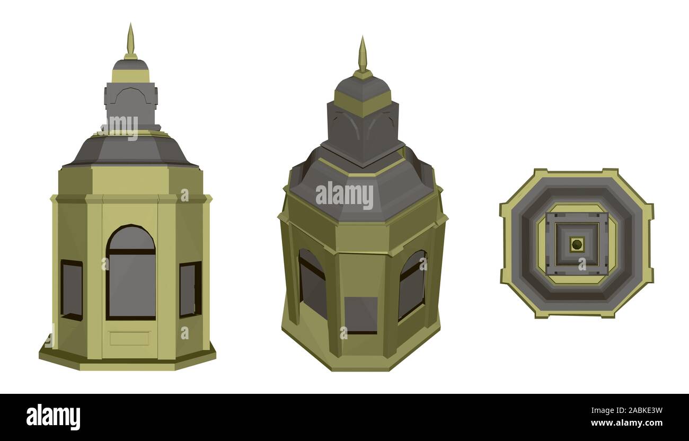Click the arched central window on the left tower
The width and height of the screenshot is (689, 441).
click(131, 273)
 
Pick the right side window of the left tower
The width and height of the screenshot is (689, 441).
click(190, 289)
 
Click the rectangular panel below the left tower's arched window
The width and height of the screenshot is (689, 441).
click(129, 338)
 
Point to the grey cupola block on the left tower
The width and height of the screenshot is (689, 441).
click(131, 104)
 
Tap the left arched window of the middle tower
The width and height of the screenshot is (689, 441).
click(313, 284)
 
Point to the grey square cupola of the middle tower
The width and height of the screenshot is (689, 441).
click(363, 133)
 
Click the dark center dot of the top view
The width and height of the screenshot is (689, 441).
click(577, 244)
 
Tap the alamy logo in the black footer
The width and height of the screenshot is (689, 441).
click(54, 417)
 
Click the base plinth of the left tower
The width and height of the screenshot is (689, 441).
click(127, 360)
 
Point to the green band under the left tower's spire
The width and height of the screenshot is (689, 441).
click(130, 76)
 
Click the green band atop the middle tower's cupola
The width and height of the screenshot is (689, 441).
click(363, 103)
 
